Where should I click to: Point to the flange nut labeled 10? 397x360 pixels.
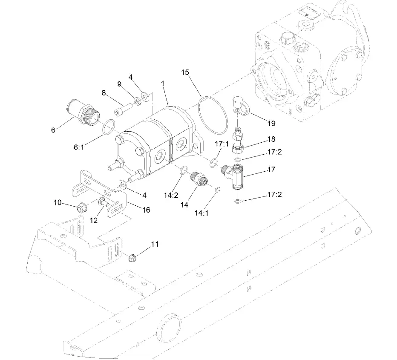click(x=81, y=209)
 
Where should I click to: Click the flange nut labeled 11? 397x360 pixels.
click(x=132, y=257)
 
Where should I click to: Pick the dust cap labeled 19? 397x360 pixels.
click(x=240, y=105)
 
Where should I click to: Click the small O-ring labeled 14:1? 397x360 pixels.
click(x=217, y=190)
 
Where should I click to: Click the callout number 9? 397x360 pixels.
click(x=120, y=84)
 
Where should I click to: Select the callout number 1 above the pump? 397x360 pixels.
click(x=162, y=84)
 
